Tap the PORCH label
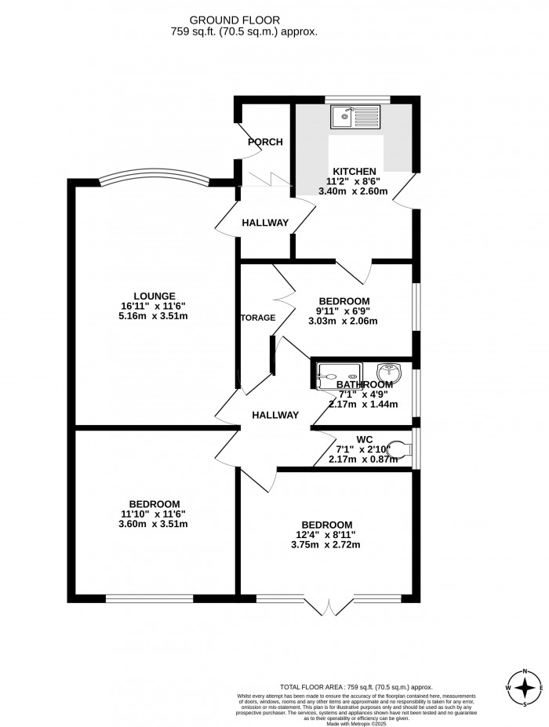[x=265, y=142]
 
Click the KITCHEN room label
[x=354, y=172]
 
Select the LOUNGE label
[x=153, y=296]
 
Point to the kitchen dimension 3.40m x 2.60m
[x=357, y=191]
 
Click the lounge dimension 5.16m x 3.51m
[x=153, y=316]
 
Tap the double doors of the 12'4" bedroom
[x=329, y=605]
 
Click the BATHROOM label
[x=365, y=384]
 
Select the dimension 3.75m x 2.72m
[x=325, y=545]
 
